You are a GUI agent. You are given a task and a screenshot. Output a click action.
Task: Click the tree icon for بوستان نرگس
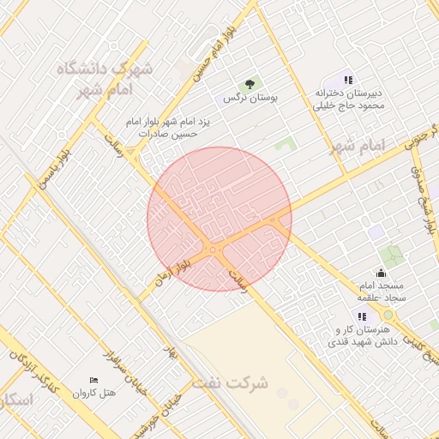point(250,83)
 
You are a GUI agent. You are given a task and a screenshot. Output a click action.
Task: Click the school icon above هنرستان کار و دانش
point(361,316)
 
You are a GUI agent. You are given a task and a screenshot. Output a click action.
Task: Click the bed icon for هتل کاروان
point(93,380)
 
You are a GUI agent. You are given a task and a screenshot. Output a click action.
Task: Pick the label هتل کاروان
point(93,394)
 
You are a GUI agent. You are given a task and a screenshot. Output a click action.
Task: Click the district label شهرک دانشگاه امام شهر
point(105,78)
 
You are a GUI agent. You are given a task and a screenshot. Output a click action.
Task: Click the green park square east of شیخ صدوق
point(394,256)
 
